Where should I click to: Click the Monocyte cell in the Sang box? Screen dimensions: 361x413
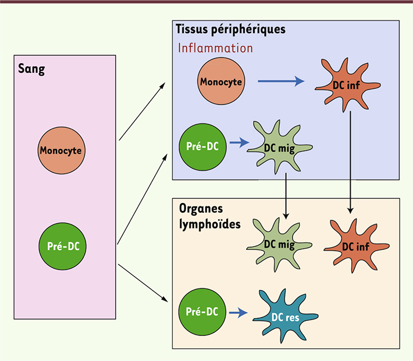pos(60,151)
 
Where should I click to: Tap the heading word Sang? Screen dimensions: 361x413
pos(32,70)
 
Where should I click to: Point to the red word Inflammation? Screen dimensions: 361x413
pos(215,48)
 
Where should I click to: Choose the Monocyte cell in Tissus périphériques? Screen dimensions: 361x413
pos(220,82)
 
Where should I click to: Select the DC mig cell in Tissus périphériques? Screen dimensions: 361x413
pos(275,147)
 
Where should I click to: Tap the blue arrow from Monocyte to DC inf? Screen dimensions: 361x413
pos(281,82)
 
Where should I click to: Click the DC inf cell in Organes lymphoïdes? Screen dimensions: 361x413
pos(355,244)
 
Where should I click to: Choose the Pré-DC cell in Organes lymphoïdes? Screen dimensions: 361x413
pos(201,312)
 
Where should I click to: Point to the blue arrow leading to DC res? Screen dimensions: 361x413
pos(238,313)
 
